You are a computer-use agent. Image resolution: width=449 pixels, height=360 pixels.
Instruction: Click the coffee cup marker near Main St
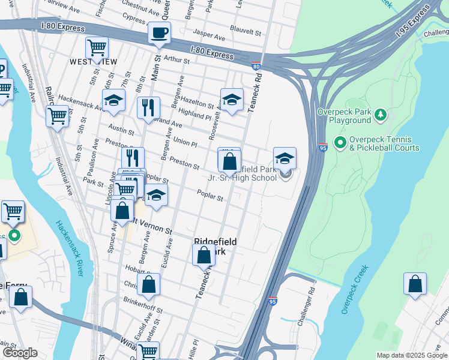pos(159,33)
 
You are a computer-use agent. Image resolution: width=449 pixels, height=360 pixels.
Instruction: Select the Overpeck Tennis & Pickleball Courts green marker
pos(340,142)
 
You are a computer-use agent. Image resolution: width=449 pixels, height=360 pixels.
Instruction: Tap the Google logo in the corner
pos(20,353)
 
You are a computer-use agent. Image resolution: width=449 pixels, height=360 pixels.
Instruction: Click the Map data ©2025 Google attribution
pos(411,355)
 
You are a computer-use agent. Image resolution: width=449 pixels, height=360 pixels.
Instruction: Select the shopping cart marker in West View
pos(97,47)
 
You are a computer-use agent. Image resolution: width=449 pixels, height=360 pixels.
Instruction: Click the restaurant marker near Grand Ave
pos(148,108)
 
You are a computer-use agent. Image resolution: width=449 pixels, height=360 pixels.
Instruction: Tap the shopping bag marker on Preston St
pos(229,161)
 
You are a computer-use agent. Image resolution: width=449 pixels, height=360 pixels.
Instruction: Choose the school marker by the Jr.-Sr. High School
pos(285,159)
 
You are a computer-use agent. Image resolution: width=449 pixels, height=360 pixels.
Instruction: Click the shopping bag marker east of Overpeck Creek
pos(415,284)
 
